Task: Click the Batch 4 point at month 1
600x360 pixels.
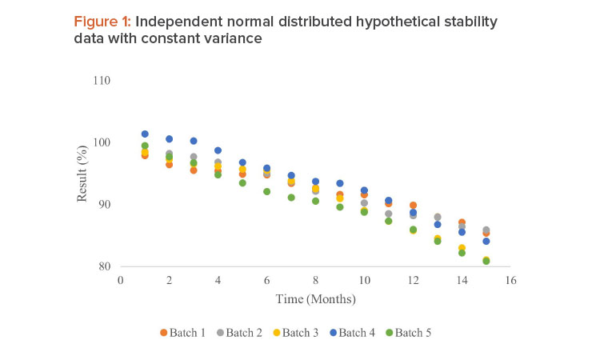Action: (x=145, y=134)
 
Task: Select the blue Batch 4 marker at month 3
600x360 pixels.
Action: (x=194, y=141)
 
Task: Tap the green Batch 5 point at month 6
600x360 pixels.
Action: (x=267, y=191)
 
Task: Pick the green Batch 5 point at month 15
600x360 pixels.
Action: (x=486, y=261)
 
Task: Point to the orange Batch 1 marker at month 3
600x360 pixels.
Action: (x=194, y=170)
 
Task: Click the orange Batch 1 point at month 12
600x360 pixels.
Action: (x=413, y=206)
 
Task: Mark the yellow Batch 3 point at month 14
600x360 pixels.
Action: (x=462, y=248)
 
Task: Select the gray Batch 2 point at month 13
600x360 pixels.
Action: (x=438, y=217)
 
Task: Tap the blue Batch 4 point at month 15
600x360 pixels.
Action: (x=486, y=241)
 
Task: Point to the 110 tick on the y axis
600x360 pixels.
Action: (x=101, y=81)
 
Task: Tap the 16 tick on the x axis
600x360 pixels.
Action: (x=510, y=281)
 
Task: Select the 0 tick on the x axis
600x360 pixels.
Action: (x=121, y=281)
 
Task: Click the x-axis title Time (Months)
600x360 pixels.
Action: (x=315, y=299)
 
